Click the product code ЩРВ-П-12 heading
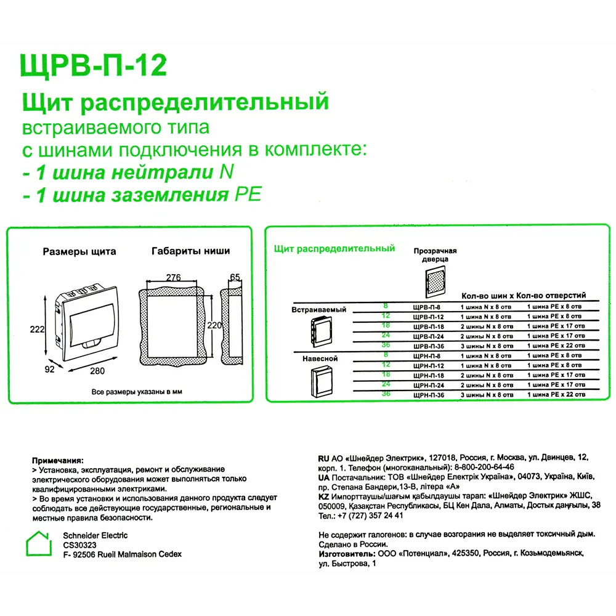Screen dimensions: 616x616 coord(94,65)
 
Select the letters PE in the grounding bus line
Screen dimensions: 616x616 coord(248,195)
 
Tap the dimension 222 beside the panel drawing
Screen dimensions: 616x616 coord(38,330)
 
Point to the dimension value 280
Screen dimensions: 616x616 coord(97,370)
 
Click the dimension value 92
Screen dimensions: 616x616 coord(49,369)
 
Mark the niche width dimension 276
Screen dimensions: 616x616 coord(173,278)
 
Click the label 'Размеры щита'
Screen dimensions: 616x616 coord(79,251)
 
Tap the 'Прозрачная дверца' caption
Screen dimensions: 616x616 coord(435,255)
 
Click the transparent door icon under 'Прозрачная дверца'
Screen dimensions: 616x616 coord(435,282)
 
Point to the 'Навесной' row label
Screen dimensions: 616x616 coord(320,359)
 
